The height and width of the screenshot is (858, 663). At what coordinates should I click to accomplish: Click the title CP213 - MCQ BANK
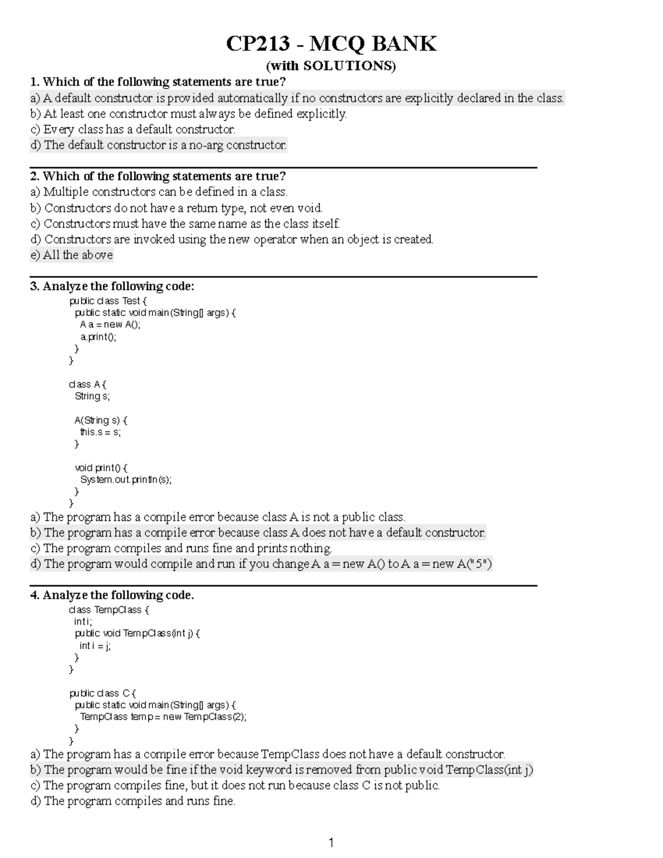point(331,44)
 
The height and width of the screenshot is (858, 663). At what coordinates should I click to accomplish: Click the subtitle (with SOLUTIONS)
point(331,66)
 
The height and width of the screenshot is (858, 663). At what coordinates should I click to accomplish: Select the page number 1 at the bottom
point(331,843)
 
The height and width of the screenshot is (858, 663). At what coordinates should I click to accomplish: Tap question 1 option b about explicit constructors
point(188,114)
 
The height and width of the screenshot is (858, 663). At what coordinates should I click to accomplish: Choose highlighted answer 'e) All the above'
point(72,255)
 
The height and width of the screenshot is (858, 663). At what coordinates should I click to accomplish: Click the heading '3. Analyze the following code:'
point(112,286)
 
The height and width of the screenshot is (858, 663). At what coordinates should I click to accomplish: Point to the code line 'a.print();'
point(98,336)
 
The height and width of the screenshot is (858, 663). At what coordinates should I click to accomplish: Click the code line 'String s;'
point(92,396)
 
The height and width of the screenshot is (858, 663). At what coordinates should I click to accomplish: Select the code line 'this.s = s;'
point(100,432)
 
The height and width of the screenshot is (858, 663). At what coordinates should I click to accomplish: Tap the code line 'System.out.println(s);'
point(126,480)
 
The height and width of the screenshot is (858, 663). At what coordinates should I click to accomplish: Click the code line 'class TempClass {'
point(109,610)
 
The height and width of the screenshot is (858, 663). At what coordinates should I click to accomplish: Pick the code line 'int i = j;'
point(95,646)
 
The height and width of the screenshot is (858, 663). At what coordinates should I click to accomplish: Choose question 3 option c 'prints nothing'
point(181,549)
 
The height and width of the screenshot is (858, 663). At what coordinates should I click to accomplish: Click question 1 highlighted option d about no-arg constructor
point(159,145)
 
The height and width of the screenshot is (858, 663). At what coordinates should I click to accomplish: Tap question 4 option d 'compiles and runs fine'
point(133,801)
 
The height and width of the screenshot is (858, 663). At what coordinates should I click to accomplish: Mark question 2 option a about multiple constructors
point(159,192)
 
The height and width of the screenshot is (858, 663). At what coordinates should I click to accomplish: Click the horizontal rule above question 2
point(283,167)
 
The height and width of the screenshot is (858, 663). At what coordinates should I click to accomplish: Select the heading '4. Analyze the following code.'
point(112,595)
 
